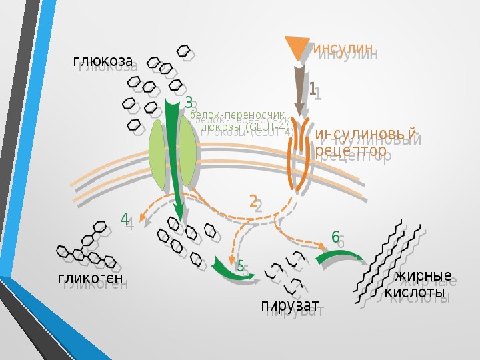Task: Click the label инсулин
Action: click(x=341, y=48)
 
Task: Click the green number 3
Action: click(x=189, y=103)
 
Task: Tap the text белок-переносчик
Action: click(x=237, y=114)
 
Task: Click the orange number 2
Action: click(x=253, y=201)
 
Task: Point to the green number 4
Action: click(x=124, y=218)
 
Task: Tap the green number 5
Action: click(x=240, y=265)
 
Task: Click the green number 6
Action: click(x=335, y=237)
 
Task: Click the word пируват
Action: click(x=289, y=306)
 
